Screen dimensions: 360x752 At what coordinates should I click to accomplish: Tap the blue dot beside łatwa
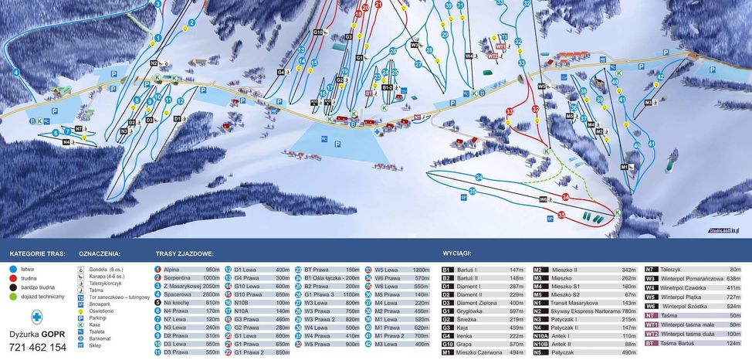pyautogui.click(x=14, y=270)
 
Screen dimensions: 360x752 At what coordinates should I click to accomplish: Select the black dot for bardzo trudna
pyautogui.click(x=14, y=287)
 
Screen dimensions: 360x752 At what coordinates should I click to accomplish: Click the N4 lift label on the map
pyautogui.click(x=67, y=142)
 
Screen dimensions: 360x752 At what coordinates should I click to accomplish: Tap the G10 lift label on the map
pyautogui.click(x=317, y=32)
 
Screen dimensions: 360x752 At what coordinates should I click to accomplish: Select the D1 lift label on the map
pyautogui.click(x=177, y=118)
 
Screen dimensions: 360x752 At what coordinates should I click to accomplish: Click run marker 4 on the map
pyautogui.click(x=15, y=73)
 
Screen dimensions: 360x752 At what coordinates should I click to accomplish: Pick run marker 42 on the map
pyautogui.click(x=660, y=77)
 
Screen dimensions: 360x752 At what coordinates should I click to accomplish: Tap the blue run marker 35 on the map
pyautogui.click(x=473, y=190)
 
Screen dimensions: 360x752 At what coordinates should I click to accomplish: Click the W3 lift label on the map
pyautogui.click(x=414, y=45)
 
